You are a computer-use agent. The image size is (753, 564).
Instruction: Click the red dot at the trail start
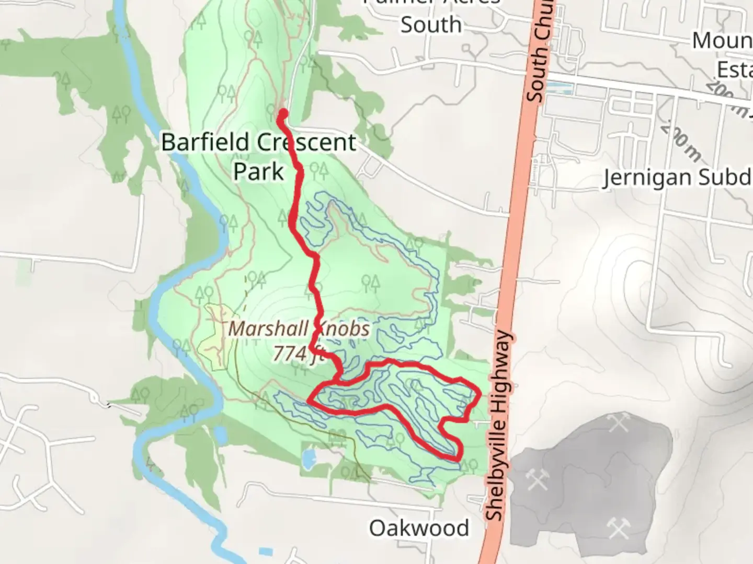coord(283,113)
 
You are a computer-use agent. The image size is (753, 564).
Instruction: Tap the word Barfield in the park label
coord(205,142)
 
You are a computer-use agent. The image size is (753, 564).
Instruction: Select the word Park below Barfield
coord(258,171)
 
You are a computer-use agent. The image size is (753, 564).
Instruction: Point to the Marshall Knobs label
coord(299,329)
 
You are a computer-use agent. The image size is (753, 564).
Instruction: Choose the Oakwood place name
coord(419,528)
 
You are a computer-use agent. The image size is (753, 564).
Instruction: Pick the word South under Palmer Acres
coord(431,25)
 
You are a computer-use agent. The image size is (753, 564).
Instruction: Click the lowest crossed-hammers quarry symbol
coord(619,528)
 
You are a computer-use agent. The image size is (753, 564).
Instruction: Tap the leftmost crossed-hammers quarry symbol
coord(537,479)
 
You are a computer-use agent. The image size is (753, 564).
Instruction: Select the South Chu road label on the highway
coord(539,52)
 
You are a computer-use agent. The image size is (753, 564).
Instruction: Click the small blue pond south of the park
coord(309,459)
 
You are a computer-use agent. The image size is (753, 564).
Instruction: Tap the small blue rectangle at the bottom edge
coord(266,551)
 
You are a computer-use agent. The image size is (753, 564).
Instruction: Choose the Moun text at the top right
coord(722,40)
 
